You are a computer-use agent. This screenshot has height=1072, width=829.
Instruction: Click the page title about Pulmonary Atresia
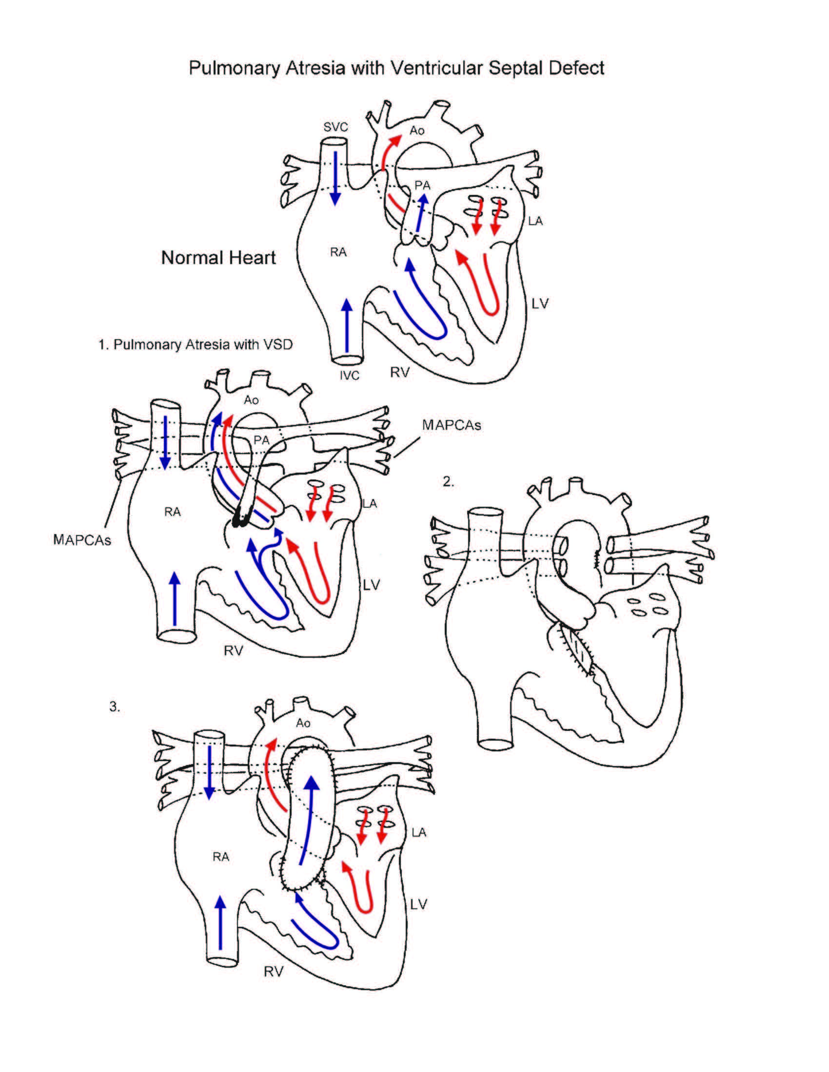[396, 68]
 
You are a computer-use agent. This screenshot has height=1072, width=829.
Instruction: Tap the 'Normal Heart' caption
[218, 258]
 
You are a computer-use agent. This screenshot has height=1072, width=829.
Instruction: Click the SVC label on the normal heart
[336, 127]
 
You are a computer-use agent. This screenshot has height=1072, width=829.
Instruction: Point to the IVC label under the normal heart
[349, 376]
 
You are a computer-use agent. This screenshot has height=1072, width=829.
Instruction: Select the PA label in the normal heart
[422, 185]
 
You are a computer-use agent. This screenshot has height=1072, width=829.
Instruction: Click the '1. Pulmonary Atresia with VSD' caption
[195, 345]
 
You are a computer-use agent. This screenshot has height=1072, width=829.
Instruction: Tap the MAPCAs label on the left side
[81, 540]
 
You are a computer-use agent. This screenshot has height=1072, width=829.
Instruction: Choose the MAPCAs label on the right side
[452, 425]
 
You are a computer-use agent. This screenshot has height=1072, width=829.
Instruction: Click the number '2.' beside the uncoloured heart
[448, 482]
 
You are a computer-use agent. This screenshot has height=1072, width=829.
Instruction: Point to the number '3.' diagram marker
[115, 708]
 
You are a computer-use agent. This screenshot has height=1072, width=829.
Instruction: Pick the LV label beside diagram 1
[372, 585]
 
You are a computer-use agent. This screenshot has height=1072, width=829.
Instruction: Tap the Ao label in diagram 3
[303, 723]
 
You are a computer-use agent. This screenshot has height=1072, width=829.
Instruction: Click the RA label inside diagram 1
[172, 512]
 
